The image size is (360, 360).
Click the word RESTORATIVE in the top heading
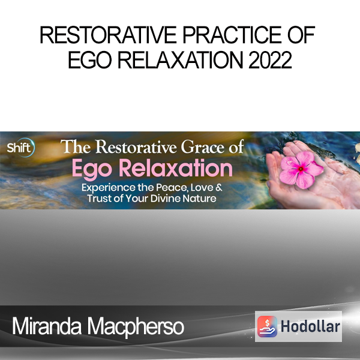click(x=108, y=35)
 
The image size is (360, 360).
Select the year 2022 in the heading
click(x=270, y=60)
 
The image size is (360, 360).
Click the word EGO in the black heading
click(x=90, y=60)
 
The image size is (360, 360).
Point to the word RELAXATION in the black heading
click(x=180, y=60)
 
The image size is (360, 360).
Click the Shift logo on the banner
click(x=21, y=148)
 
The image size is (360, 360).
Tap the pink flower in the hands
click(x=301, y=170)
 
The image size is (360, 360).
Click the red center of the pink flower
click(x=301, y=169)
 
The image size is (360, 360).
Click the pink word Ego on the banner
click(x=92, y=169)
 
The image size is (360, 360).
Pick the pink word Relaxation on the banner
click(x=176, y=168)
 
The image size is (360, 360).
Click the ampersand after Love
click(x=219, y=187)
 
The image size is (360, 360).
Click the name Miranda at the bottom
click(x=47, y=326)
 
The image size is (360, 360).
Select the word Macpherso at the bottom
click(x=136, y=328)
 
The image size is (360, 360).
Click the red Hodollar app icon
click(x=267, y=326)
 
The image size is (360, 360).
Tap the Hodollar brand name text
click(x=310, y=326)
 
